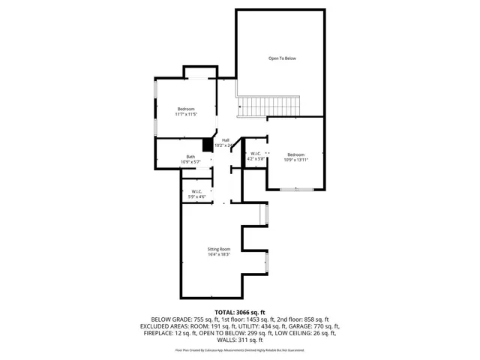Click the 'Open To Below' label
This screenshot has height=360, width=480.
282,58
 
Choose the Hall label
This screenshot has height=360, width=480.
225,140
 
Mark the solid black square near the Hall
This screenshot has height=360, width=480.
208,145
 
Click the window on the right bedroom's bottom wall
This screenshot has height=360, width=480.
296,189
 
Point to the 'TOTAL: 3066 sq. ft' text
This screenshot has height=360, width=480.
240,311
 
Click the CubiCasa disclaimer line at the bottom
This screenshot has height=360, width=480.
240,349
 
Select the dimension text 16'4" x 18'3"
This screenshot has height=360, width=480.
219,255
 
